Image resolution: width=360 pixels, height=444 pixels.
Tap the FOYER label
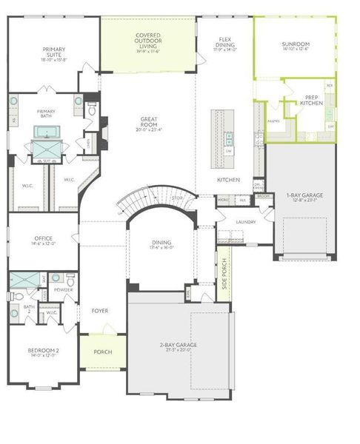pyautogui.click(x=99, y=311)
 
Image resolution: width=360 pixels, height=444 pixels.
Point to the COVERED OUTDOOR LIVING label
pyautogui.click(x=149, y=41)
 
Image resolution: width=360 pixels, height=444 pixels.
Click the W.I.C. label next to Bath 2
pyautogui.click(x=52, y=312)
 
